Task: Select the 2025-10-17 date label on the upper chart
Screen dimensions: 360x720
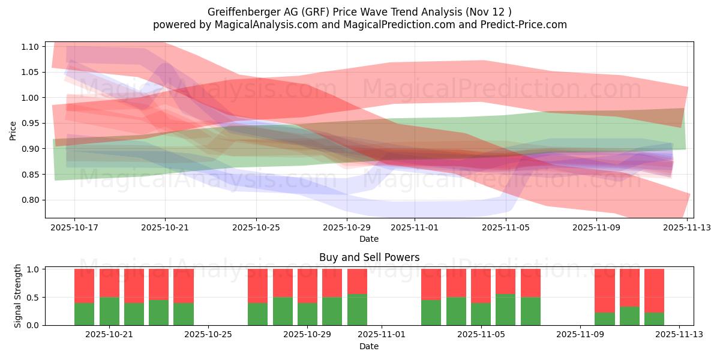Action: [75, 228]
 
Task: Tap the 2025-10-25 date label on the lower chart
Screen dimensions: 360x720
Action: [208, 335]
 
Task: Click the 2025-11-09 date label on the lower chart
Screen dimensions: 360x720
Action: [580, 335]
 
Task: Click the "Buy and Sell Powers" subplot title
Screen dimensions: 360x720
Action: [369, 257]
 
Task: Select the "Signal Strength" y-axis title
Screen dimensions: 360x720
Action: [18, 296]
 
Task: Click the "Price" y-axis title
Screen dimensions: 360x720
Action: [13, 130]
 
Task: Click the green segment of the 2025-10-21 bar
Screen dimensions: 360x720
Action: [109, 311]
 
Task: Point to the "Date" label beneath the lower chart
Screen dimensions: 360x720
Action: [369, 346]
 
